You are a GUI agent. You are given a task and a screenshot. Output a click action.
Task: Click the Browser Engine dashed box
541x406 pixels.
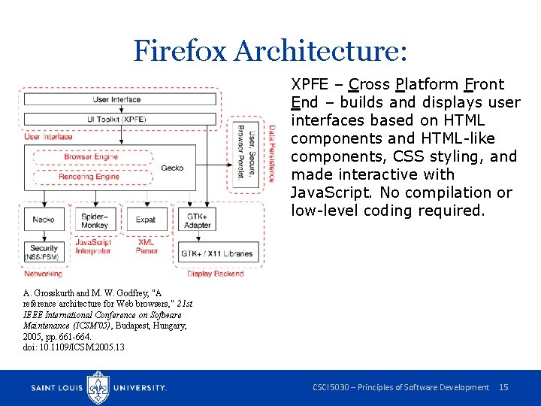(x=90, y=158)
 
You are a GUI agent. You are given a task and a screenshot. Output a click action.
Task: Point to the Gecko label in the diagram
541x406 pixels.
(x=172, y=168)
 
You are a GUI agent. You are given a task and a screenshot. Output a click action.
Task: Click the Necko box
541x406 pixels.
(x=44, y=220)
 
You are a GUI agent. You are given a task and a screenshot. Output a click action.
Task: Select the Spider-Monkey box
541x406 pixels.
(x=94, y=220)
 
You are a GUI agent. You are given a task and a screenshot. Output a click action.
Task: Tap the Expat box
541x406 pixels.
(x=146, y=220)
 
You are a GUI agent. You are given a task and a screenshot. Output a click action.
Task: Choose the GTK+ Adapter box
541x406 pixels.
(x=198, y=220)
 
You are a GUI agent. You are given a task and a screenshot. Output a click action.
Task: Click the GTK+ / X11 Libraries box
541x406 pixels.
(x=217, y=253)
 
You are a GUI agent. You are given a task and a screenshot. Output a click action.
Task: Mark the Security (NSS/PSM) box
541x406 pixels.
(x=44, y=253)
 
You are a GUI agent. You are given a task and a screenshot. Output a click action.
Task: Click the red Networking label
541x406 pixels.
(x=43, y=274)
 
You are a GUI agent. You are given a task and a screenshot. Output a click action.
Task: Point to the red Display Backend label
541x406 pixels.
(x=216, y=274)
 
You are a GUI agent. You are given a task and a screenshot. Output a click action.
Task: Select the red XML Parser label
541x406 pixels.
(x=147, y=247)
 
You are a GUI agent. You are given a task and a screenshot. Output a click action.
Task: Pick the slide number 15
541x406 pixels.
(x=503, y=387)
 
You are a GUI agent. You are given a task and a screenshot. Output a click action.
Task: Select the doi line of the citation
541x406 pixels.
(x=74, y=347)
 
